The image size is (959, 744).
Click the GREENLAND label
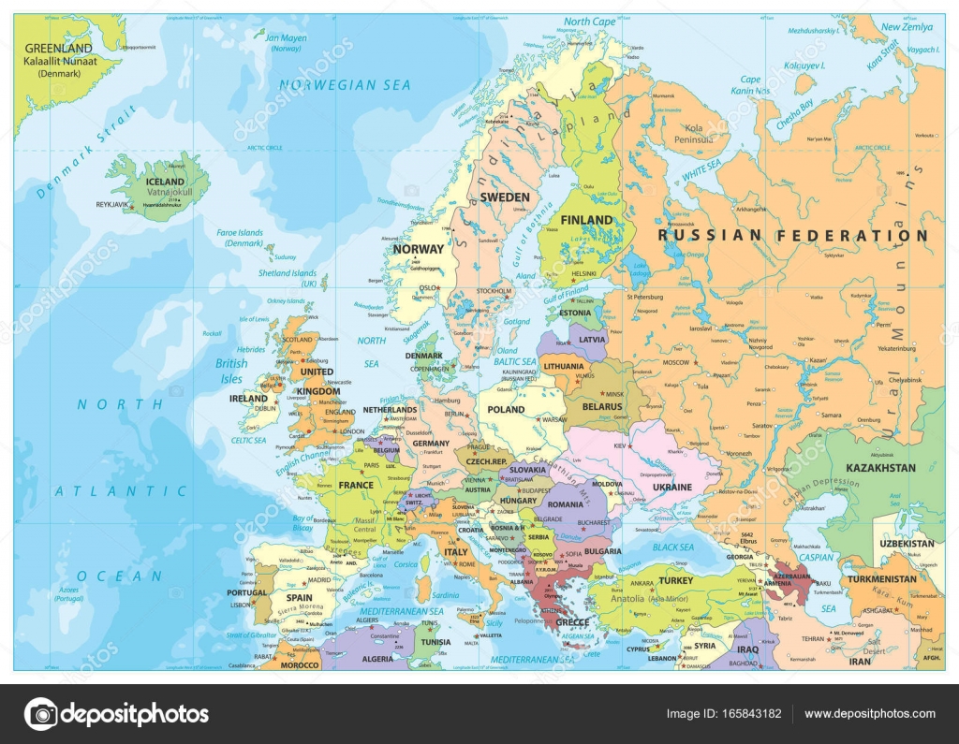pyautogui.click(x=58, y=48)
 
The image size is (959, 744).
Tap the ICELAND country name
pyautogui.click(x=165, y=182)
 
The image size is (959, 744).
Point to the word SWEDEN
pyautogui.click(x=505, y=197)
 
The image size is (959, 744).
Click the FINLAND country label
pyautogui.click(x=586, y=220)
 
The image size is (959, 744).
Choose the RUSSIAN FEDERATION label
pyautogui.click(x=793, y=236)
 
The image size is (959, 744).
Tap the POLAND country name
pyautogui.click(x=506, y=410)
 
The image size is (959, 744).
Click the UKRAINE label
pyautogui.click(x=672, y=488)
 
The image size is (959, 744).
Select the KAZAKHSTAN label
pyautogui.click(x=879, y=467)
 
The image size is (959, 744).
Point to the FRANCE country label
pyautogui.click(x=356, y=485)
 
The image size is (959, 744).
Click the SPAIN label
pyautogui.click(x=299, y=597)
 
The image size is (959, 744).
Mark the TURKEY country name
pyautogui.click(x=675, y=580)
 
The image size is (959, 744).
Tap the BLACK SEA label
pyautogui.click(x=673, y=547)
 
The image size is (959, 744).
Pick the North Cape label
pyautogui.click(x=590, y=22)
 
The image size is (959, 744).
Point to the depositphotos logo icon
pyautogui.click(x=41, y=714)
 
